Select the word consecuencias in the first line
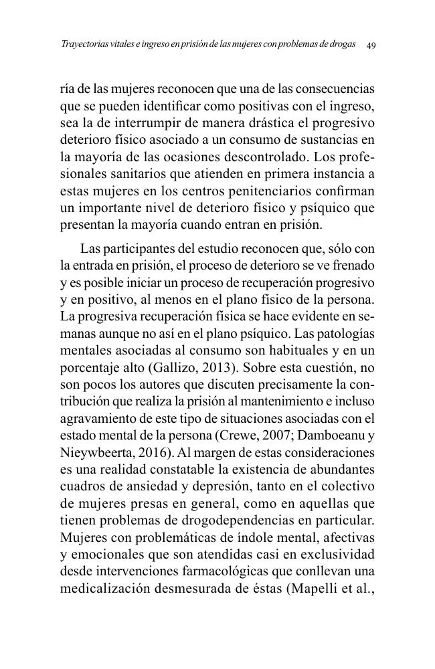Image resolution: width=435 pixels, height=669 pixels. (x=335, y=89)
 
